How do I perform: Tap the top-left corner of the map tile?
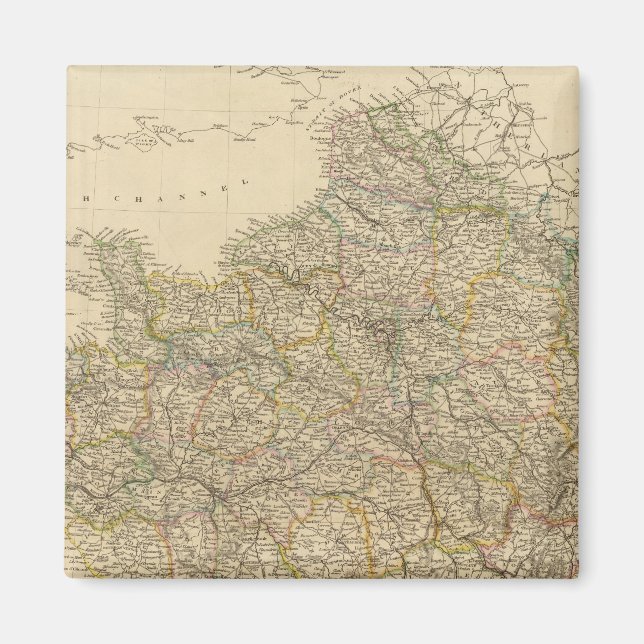coord(68,68)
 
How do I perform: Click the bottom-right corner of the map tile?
coord(577,577)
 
